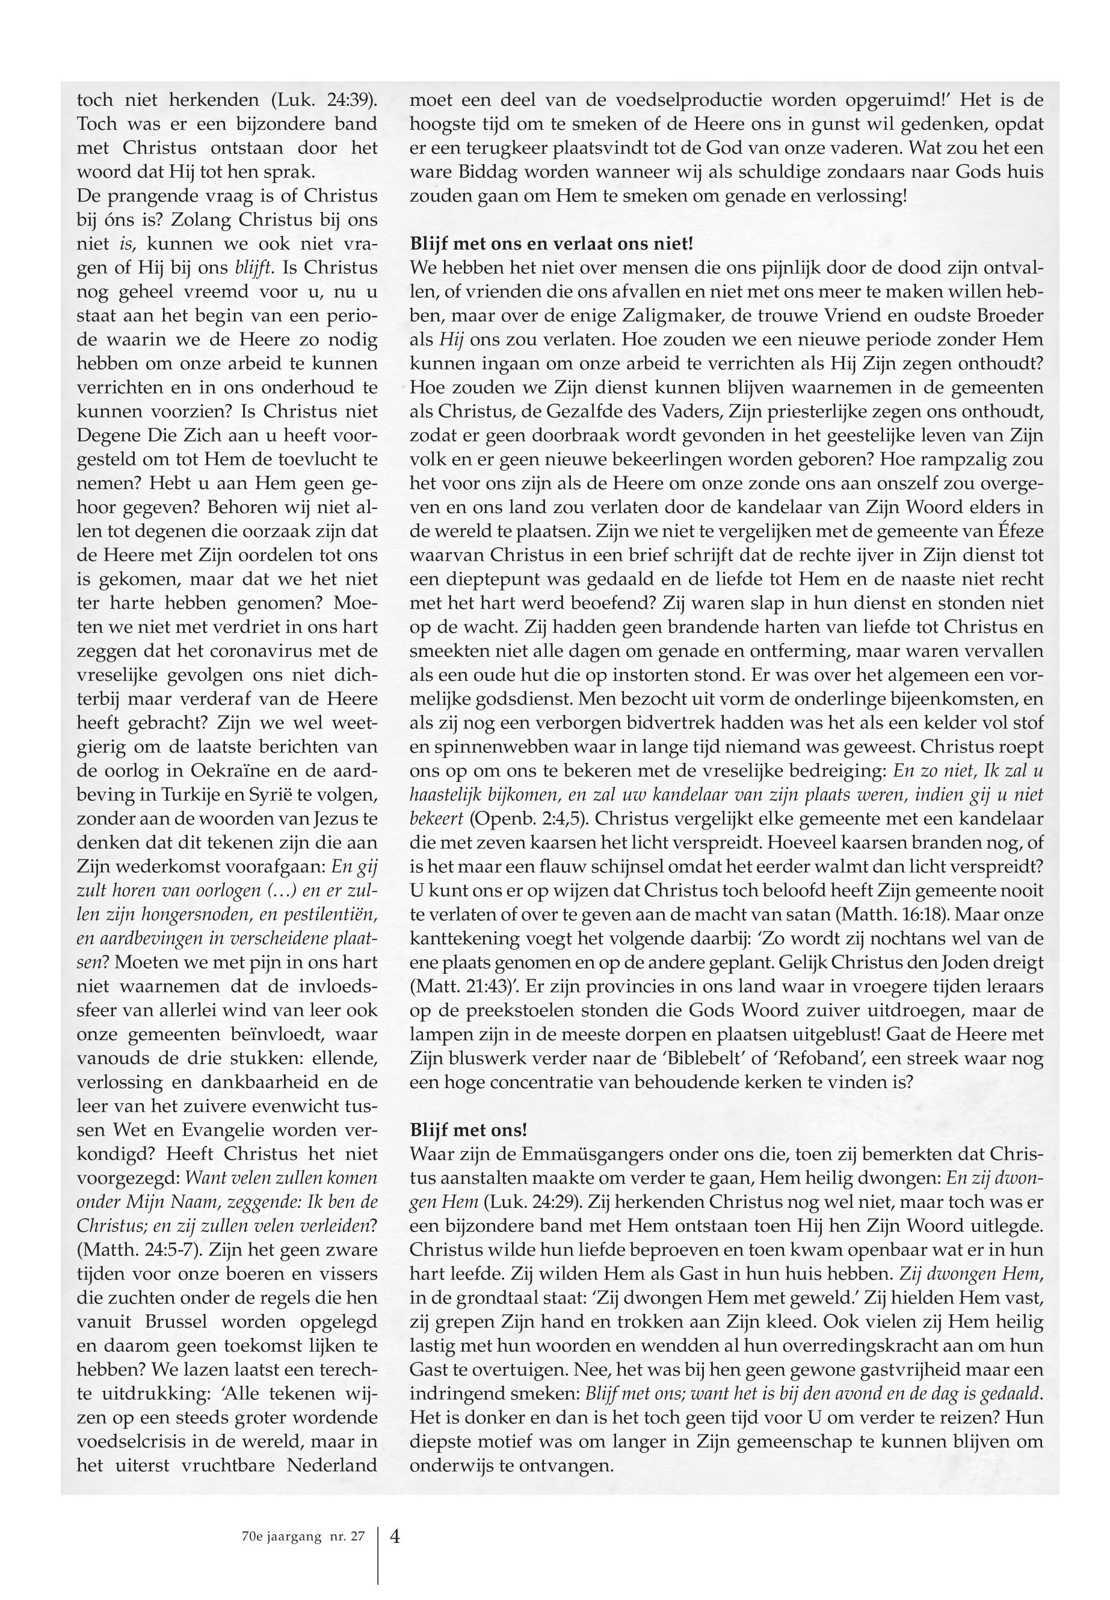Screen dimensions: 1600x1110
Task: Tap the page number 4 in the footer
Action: (x=395, y=1537)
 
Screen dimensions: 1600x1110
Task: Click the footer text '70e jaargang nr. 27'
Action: (x=300, y=1537)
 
